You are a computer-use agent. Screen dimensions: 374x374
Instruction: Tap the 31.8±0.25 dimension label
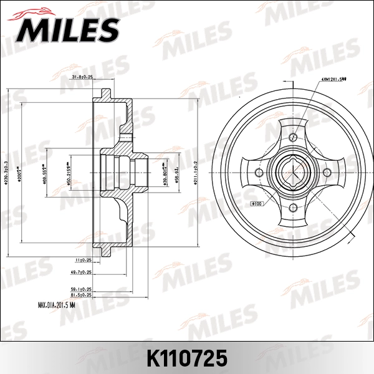(81, 77)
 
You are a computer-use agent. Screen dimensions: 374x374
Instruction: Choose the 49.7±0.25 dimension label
(82, 272)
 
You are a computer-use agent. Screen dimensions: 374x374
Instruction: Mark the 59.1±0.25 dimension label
(82, 289)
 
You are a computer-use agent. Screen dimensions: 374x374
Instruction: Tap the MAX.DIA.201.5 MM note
(56, 305)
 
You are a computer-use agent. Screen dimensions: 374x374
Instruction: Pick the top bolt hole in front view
(294, 135)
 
